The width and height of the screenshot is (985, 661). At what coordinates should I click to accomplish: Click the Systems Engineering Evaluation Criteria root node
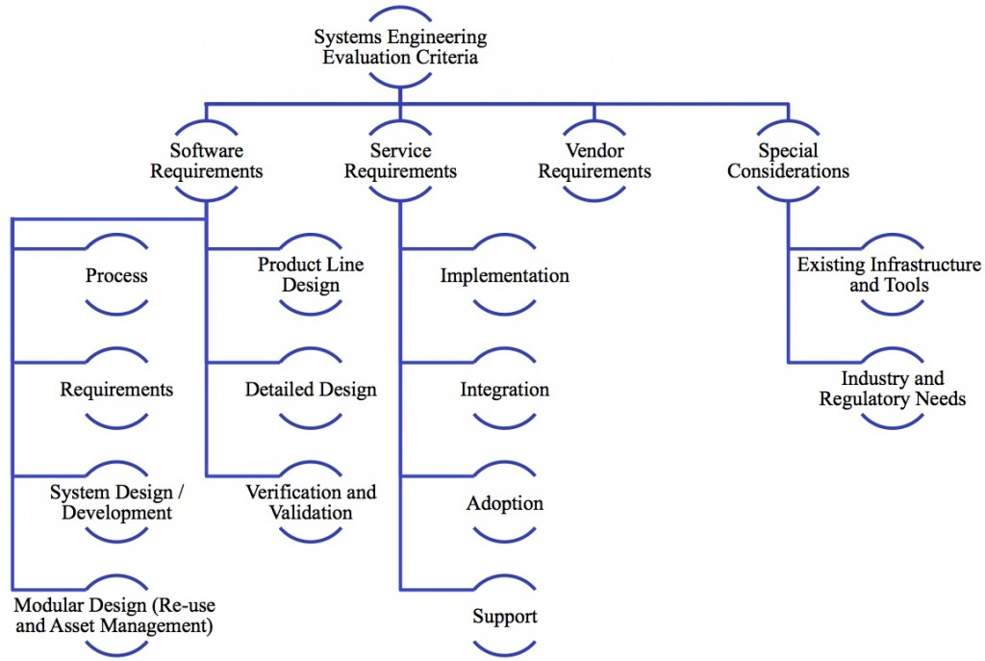(x=400, y=47)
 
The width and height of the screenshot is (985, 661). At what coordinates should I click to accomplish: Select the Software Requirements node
(x=206, y=161)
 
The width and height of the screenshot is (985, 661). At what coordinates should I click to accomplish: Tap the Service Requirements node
(x=400, y=161)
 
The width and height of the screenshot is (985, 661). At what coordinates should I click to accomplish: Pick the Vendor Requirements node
(x=594, y=161)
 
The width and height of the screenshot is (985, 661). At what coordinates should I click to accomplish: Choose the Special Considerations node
(x=788, y=161)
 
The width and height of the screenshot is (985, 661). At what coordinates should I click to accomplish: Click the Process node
(x=116, y=275)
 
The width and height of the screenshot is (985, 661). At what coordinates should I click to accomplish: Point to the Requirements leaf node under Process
(x=116, y=389)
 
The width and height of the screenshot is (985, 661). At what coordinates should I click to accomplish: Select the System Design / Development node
(x=116, y=502)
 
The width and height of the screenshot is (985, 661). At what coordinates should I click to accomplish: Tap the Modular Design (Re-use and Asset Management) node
(x=115, y=616)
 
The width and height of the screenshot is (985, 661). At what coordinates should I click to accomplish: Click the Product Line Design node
(x=311, y=274)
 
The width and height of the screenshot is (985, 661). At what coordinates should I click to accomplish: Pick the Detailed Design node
(x=311, y=389)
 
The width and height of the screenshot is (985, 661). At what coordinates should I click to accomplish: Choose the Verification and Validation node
(x=311, y=502)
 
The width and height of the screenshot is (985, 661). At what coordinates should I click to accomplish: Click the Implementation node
(x=504, y=275)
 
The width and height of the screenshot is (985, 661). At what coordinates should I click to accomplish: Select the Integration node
(x=504, y=389)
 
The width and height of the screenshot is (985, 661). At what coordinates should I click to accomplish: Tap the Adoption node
(x=504, y=502)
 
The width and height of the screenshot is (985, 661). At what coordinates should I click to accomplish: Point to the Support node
(x=504, y=616)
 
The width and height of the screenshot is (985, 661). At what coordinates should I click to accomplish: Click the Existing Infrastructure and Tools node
(x=890, y=274)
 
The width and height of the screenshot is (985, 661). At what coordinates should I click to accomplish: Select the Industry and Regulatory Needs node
(x=892, y=389)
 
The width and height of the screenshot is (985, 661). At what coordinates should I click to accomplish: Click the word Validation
(x=311, y=513)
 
